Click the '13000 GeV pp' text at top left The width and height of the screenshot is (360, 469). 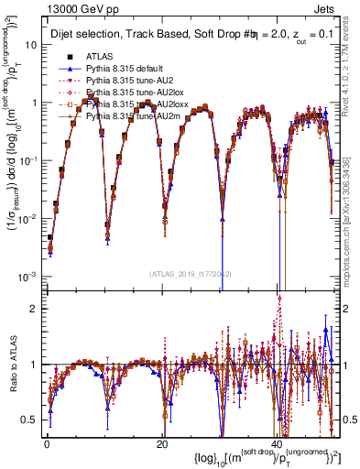[x=72, y=9]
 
